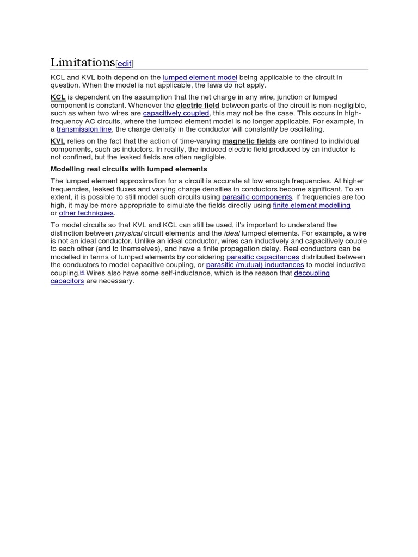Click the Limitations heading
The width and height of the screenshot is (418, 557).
pyautogui.click(x=83, y=63)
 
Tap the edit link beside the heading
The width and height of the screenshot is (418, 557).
pyautogui.click(x=125, y=64)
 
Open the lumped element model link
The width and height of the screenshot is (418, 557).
pyautogui.click(x=200, y=77)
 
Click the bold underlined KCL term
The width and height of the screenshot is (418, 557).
pyautogui.click(x=58, y=97)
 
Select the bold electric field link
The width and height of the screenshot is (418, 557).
pyautogui.click(x=198, y=106)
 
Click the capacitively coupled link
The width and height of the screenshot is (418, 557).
pyautogui.click(x=176, y=113)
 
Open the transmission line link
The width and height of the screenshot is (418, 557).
pyautogui.click(x=84, y=129)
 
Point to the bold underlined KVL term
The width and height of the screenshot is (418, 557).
pyautogui.click(x=58, y=141)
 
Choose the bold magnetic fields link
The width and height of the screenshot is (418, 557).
pyautogui.click(x=249, y=141)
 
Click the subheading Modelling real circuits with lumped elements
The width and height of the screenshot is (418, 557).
pyautogui.click(x=129, y=169)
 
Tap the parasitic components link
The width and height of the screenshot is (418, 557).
pyautogui.click(x=257, y=197)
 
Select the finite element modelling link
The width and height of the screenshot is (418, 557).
pyautogui.click(x=311, y=205)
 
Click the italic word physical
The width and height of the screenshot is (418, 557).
pyautogui.click(x=128, y=233)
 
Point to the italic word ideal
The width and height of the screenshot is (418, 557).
pyautogui.click(x=232, y=233)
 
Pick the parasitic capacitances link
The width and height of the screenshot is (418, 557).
pyautogui.click(x=262, y=257)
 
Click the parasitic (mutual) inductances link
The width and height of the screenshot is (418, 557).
pyautogui.click(x=255, y=265)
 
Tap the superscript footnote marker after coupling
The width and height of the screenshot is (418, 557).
pyautogui.click(x=82, y=272)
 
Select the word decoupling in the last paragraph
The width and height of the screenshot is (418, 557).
pyautogui.click(x=312, y=273)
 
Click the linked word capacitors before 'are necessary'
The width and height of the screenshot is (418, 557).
pyautogui.click(x=67, y=281)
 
